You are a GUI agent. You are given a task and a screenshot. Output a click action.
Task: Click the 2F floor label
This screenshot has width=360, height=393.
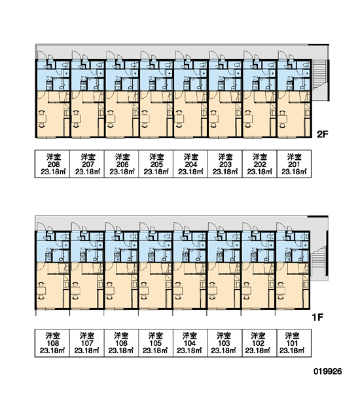pyautogui.click(x=322, y=134)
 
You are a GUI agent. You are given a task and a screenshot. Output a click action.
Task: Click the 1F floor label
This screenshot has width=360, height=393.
pyautogui.click(x=317, y=318)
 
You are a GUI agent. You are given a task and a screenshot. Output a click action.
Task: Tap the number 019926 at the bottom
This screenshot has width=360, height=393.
pyautogui.click(x=328, y=371)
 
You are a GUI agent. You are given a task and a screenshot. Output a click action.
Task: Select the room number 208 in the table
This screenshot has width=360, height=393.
pyautogui.click(x=54, y=164)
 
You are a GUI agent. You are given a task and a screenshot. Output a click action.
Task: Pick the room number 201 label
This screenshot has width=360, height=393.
pyautogui.click(x=294, y=164)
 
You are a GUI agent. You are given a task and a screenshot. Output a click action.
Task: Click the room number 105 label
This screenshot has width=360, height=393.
pyautogui.click(x=156, y=343)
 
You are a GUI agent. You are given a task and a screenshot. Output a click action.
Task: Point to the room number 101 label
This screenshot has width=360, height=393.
pyautogui.click(x=292, y=343)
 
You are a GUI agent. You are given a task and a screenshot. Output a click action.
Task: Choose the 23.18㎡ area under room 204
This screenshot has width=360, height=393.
pyautogui.click(x=190, y=172)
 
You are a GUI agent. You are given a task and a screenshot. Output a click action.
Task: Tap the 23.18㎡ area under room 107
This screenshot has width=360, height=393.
pyautogui.click(x=87, y=350)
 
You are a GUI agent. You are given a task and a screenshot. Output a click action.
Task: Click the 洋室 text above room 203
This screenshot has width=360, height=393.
pyautogui.click(x=225, y=157)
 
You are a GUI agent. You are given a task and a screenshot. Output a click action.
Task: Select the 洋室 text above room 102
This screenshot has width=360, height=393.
pyautogui.click(x=258, y=335)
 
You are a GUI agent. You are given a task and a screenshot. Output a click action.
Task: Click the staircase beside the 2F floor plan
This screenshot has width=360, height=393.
pyautogui.click(x=319, y=74)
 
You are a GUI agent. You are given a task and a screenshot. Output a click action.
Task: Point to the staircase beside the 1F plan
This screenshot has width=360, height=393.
pyautogui.click(x=318, y=259)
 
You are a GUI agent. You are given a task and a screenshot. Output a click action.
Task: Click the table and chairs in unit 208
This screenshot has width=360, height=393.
pyautogui.click(x=42, y=119)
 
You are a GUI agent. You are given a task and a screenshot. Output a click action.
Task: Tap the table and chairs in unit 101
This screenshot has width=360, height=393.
pyautogui.click(x=281, y=291)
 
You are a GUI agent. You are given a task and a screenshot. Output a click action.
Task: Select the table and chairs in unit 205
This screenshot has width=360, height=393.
pyautogui.click(x=145, y=119)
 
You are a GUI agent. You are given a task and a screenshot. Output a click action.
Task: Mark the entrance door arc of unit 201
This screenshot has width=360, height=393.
pyautogui.click(x=283, y=55)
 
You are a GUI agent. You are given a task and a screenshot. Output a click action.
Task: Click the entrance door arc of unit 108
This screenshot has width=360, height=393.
pyautogui.click(x=41, y=227)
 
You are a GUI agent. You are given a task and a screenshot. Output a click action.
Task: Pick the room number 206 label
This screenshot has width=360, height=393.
pyautogui.click(x=122, y=164)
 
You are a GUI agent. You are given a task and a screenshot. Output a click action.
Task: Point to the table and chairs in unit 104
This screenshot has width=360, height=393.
pyautogui.click(x=178, y=291)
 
